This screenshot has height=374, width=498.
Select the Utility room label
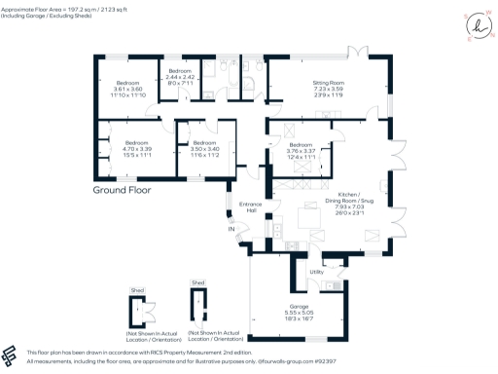[x=316, y=273]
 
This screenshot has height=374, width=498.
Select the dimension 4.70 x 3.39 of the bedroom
[x=128, y=149]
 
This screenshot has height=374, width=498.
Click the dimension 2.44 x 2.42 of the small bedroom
[x=182, y=77]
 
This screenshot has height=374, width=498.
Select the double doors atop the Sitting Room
[x=361, y=49]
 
